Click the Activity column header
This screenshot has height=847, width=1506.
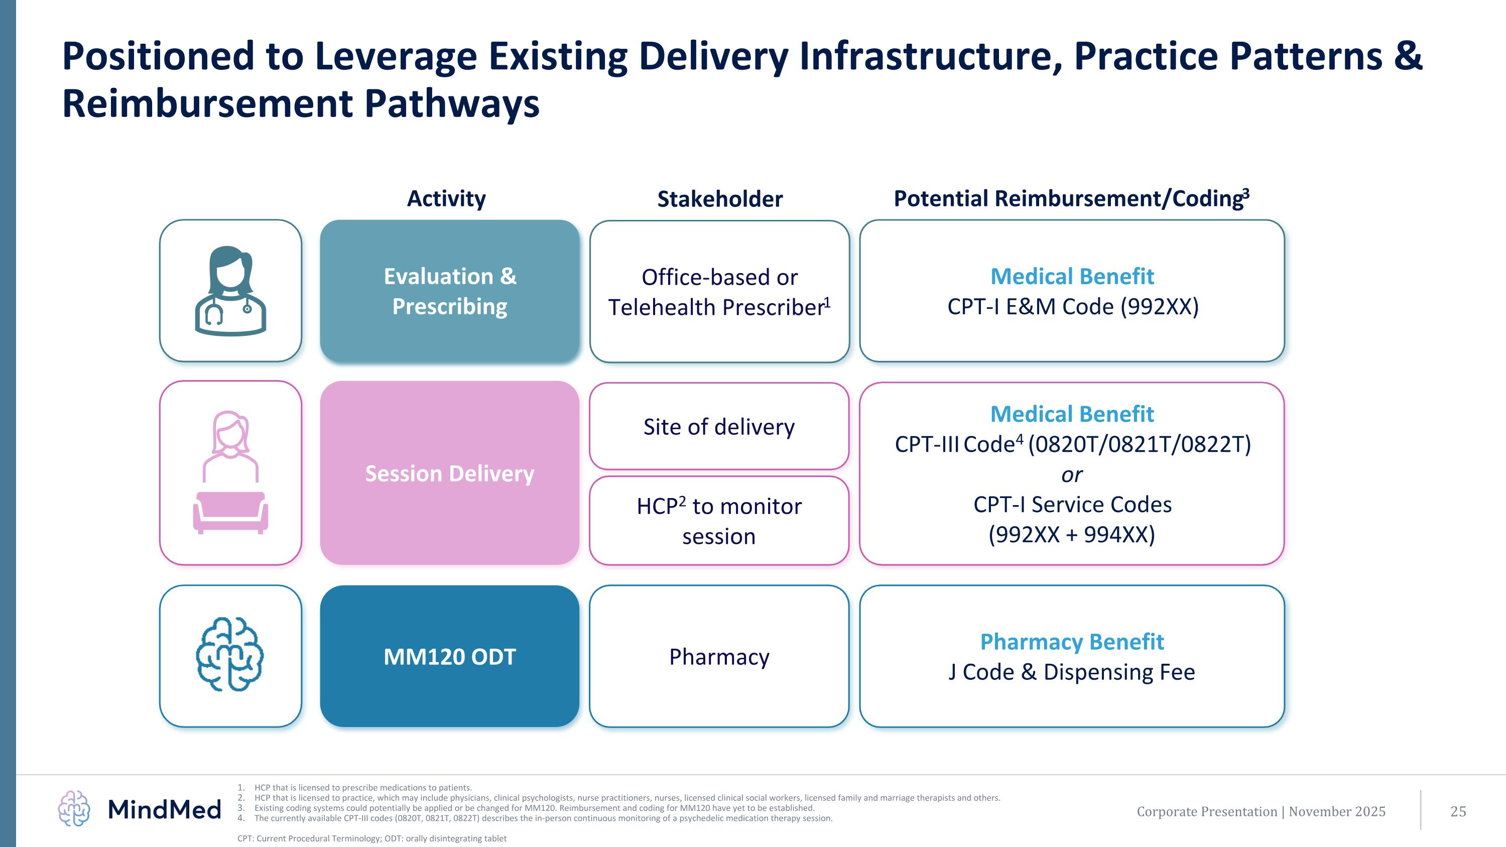(x=446, y=199)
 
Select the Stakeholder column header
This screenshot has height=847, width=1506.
(x=720, y=199)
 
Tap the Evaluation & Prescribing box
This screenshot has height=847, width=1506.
(x=450, y=291)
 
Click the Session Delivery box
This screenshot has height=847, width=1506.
(x=450, y=473)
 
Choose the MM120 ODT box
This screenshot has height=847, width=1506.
(x=450, y=656)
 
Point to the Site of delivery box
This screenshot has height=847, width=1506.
(x=719, y=427)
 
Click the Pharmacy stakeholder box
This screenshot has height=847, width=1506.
(x=719, y=656)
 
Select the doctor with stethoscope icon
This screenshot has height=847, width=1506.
(x=230, y=291)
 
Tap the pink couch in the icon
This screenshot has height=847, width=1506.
(x=230, y=512)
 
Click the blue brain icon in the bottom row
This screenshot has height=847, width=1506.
(x=230, y=655)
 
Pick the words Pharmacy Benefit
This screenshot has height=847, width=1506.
(x=1072, y=642)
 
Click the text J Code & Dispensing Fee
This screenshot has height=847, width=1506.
(x=1072, y=672)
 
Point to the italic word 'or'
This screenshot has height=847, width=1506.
(x=1072, y=474)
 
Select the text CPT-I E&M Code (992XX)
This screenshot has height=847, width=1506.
(x=1073, y=307)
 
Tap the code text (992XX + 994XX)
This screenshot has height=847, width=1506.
(x=1072, y=535)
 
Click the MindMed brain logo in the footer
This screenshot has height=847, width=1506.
(x=74, y=809)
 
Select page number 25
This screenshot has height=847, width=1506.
(x=1458, y=811)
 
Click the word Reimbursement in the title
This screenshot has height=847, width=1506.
(x=207, y=104)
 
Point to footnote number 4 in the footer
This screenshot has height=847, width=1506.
(x=241, y=818)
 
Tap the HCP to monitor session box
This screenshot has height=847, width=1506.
(x=719, y=521)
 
